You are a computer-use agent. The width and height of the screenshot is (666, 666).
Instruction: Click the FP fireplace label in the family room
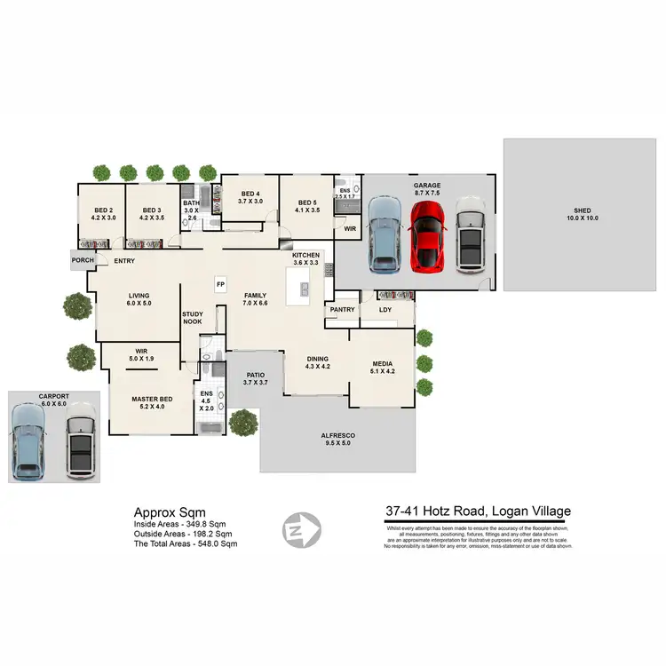(x=220, y=284)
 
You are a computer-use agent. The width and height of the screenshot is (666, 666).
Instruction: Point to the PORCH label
(x=83, y=260)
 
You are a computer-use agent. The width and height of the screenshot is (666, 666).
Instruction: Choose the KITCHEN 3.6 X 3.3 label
(x=305, y=259)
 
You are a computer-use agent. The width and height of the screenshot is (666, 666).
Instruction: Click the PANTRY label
(x=342, y=310)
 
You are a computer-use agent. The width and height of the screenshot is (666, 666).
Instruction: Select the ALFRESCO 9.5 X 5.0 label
(x=337, y=439)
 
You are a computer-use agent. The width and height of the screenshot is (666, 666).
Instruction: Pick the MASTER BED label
(x=151, y=404)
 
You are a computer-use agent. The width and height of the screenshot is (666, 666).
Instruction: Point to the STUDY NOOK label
(x=193, y=318)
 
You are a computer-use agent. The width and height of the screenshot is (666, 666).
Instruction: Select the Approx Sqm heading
(x=170, y=512)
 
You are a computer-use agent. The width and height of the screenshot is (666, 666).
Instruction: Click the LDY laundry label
(x=385, y=310)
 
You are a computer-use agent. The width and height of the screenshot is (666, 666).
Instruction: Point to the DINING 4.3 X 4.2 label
(x=318, y=362)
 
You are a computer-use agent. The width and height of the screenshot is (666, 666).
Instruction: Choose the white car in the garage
(x=470, y=235)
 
